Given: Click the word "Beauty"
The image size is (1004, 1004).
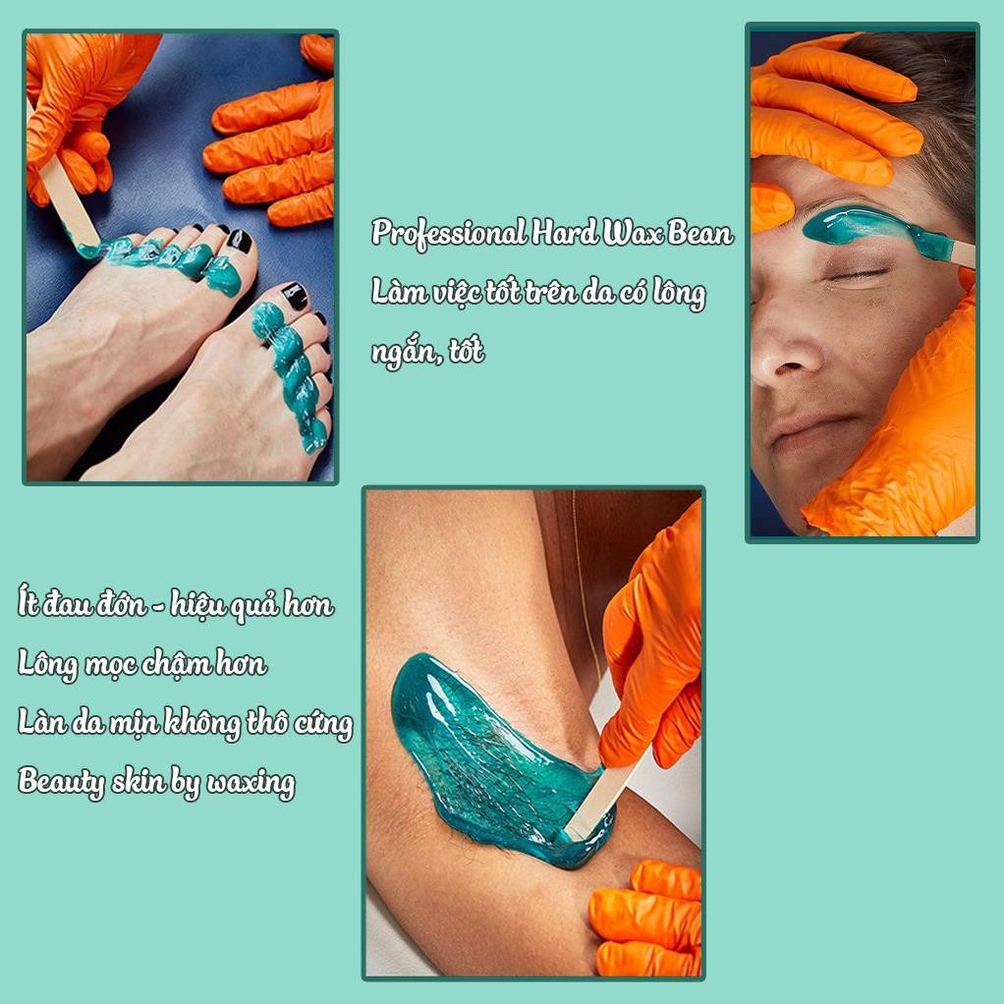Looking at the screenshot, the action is pyautogui.click(x=62, y=783).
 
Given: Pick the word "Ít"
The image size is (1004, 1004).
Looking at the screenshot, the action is pyautogui.click(x=28, y=603).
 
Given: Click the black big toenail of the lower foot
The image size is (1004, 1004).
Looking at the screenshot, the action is pyautogui.click(x=295, y=297).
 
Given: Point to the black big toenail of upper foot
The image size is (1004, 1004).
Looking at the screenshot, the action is pyautogui.click(x=239, y=242).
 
